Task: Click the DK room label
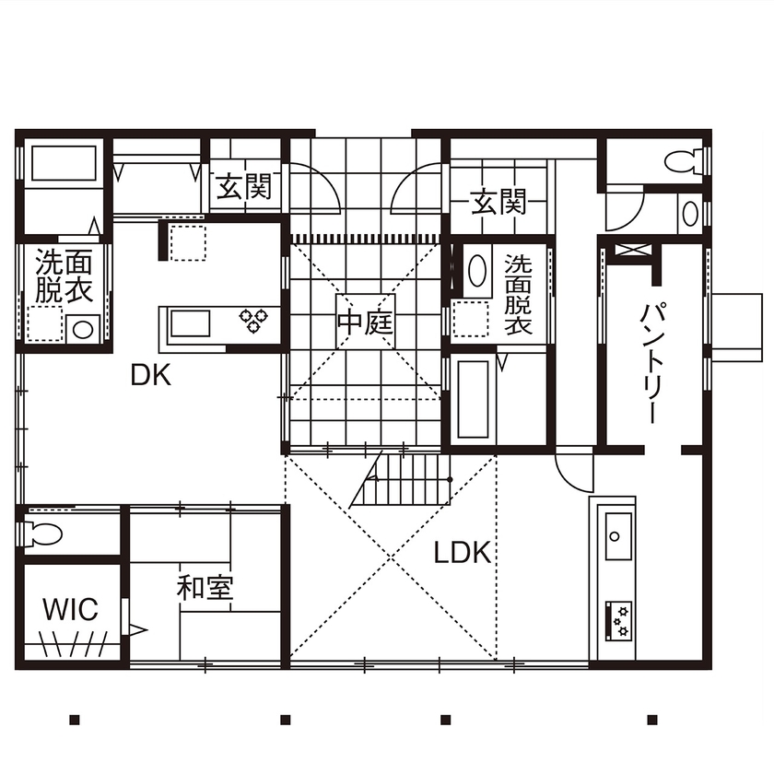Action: click(152, 374)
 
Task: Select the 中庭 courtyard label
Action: click(365, 323)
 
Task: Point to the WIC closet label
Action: click(70, 610)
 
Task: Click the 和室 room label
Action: click(205, 588)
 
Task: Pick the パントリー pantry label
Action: click(651, 362)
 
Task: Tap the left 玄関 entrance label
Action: click(244, 188)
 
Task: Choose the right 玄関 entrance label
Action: click(498, 201)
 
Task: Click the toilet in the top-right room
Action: click(683, 161)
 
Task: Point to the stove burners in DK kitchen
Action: click(253, 320)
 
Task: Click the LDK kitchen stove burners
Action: click(618, 620)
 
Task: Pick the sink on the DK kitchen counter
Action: click(190, 324)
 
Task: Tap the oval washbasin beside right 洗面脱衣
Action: click(476, 270)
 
